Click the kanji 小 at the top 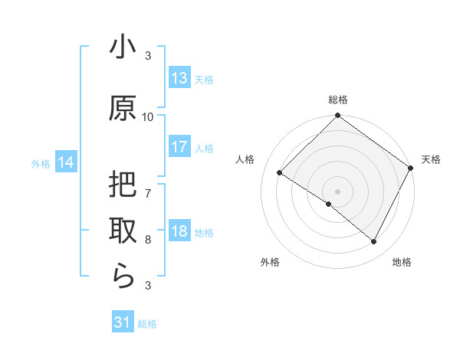pos(123,49)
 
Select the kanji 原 pos(123,109)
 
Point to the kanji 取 pos(123,231)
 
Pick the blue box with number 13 pos(179,78)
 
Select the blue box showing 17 pos(179,147)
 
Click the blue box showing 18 pos(179,231)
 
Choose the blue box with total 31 pos(123,322)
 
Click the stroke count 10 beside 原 pos(148,117)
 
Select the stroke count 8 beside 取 pos(148,239)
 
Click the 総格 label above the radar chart pos(338,100)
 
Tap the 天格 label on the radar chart pos(431,159)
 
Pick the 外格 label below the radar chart pos(270,262)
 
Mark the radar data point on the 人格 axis pos(280,173)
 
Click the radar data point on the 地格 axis pos(374,242)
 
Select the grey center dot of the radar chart pos(337,191)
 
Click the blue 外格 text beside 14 pos(41,163)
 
